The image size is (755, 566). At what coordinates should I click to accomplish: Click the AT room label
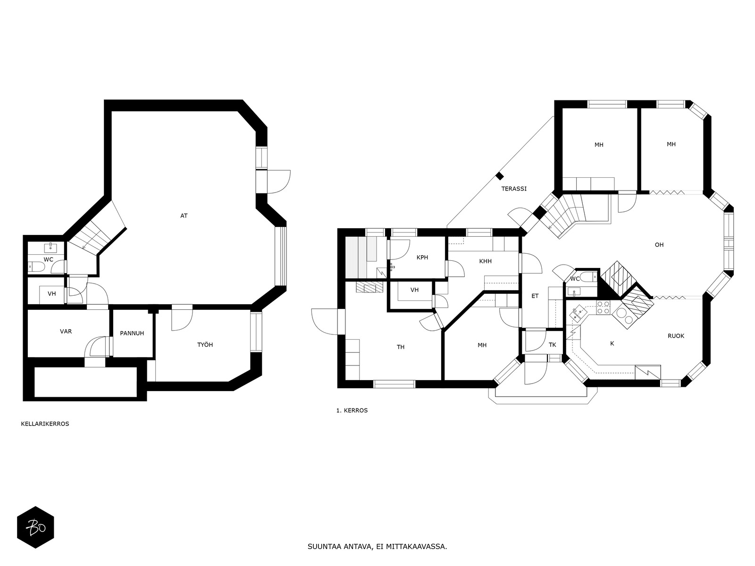[x=184, y=216]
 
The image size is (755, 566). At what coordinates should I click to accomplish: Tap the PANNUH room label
[x=132, y=333]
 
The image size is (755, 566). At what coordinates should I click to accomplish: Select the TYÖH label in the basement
[x=205, y=345]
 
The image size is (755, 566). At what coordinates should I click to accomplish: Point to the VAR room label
[x=66, y=331]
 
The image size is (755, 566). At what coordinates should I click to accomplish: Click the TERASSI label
[x=514, y=189]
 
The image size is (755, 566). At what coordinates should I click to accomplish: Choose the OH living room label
[x=659, y=245]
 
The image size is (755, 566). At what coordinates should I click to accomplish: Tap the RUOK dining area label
[x=676, y=336]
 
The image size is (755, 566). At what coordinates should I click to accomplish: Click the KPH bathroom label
[x=422, y=258]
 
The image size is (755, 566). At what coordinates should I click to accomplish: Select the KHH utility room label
[x=486, y=261]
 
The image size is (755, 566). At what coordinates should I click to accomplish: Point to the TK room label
[x=553, y=345]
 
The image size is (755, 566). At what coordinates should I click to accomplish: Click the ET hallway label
[x=535, y=296]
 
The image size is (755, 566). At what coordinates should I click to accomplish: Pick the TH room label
[x=400, y=347]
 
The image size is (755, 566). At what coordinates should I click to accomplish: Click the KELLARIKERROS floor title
[x=45, y=424]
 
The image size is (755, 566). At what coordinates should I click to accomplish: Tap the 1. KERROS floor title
[x=352, y=410]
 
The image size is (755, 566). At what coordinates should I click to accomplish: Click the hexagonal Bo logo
[x=35, y=527]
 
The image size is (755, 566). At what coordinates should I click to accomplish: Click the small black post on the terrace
[x=499, y=176]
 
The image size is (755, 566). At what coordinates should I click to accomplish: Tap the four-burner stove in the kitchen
[x=604, y=307]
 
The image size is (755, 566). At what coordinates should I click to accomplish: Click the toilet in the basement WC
[x=36, y=266]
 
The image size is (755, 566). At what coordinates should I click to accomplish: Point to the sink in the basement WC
[x=50, y=247]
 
